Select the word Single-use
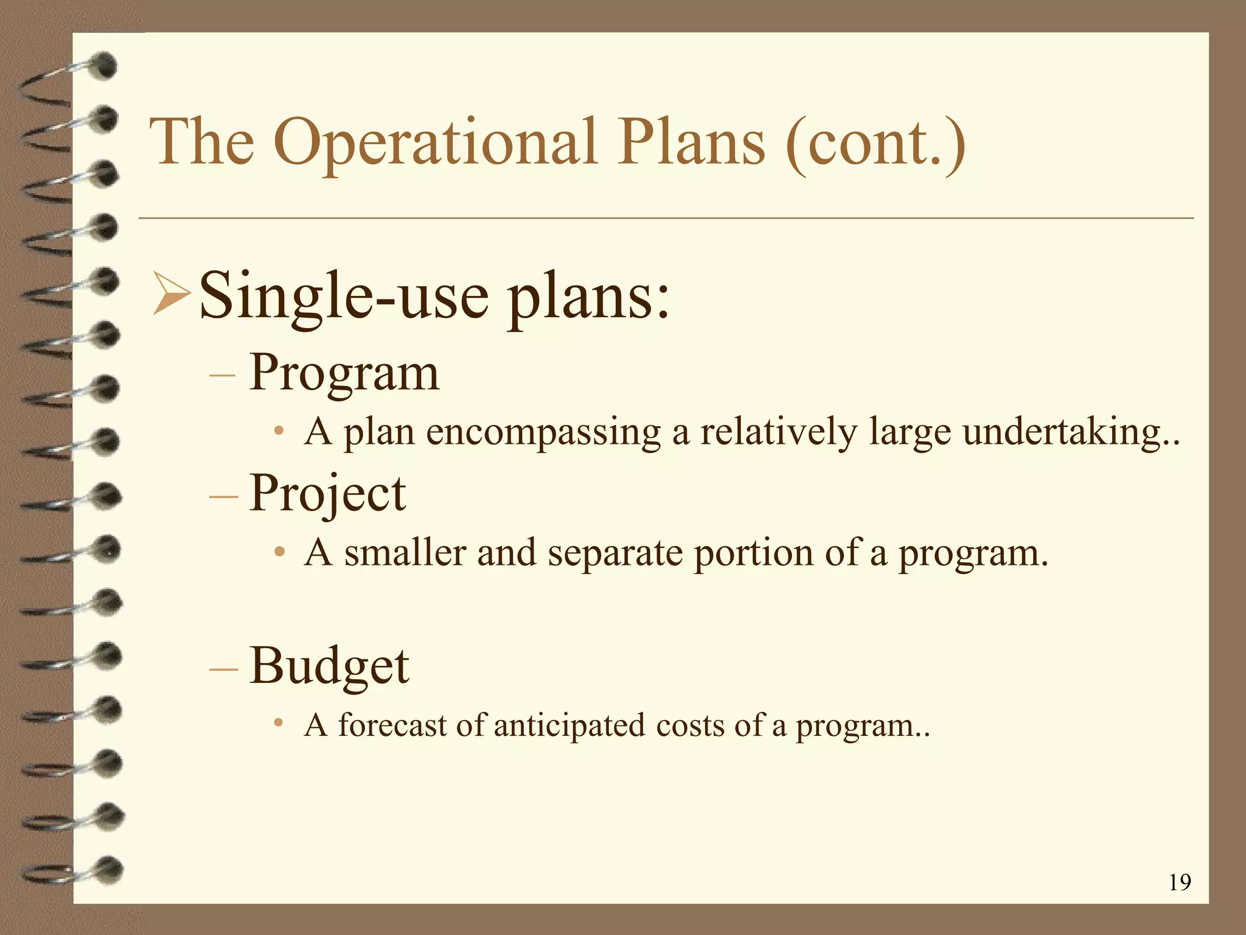point(344,297)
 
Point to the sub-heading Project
point(327,493)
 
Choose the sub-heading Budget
point(329,665)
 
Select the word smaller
point(405,553)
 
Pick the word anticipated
point(569,726)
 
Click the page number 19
point(1180,882)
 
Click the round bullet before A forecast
point(279,723)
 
